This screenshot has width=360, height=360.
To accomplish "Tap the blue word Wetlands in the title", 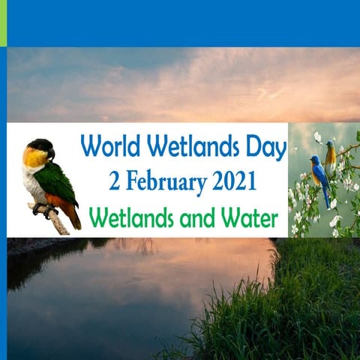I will point(192,145).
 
